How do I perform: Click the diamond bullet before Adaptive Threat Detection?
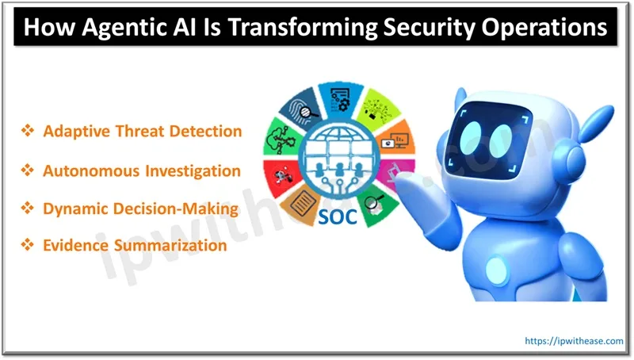26,132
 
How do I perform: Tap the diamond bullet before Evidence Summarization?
26,246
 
